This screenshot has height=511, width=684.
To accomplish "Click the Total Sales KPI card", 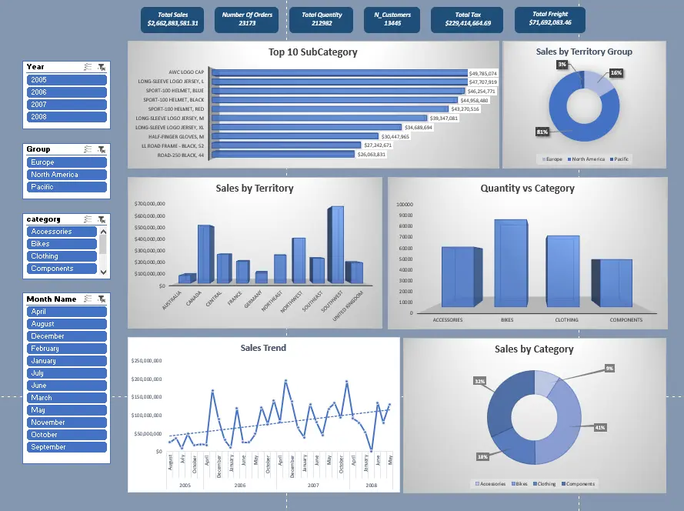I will pos(173,19).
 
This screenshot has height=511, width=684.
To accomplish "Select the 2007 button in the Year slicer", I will pos(66,105).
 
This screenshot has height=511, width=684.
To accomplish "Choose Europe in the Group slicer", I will pos(66,162).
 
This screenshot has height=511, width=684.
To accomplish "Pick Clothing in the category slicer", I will pos(62,256).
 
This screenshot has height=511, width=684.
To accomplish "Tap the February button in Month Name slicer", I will pos(66,349).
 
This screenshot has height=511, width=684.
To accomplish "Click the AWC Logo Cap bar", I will pos(339,73).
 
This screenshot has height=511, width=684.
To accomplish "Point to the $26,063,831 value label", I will pos(372,155).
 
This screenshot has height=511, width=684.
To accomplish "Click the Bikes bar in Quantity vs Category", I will pos(511,264).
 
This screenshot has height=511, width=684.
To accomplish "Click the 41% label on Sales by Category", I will pos(600,427).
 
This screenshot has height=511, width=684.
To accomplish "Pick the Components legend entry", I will pos(579,484).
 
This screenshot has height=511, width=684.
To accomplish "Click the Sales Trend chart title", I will pos(263,348).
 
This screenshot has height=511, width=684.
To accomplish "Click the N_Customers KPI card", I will pos(398,19).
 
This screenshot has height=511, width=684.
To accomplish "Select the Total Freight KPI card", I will pos(550,18).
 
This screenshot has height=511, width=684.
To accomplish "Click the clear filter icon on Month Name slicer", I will pos(102,299).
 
